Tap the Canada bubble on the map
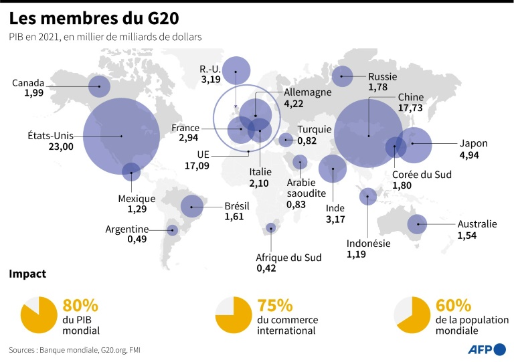[100, 86]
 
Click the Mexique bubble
[131, 172]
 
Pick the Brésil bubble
[192, 207]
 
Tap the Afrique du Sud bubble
[270, 228]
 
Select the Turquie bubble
[286, 140]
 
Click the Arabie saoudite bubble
[300, 161]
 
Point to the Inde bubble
[333, 169]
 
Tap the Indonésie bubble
[367, 196]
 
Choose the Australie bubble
[418, 225]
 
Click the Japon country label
[473, 143]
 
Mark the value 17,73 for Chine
[410, 108]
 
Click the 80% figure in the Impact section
[80, 306]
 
